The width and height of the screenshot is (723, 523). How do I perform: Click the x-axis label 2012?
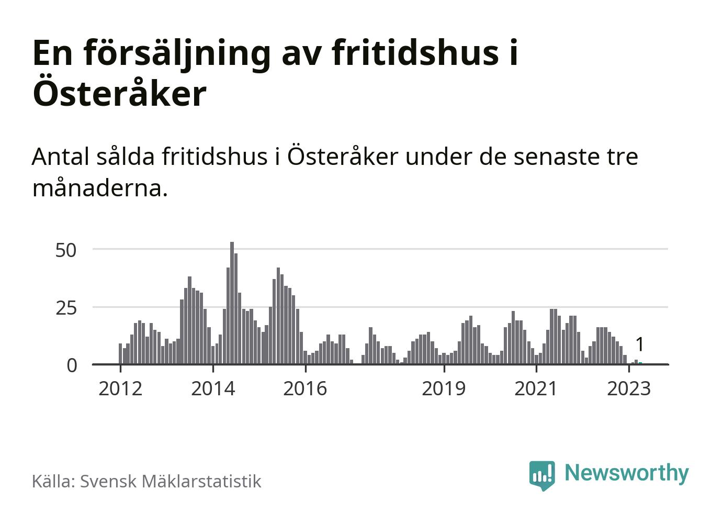pyautogui.click(x=120, y=388)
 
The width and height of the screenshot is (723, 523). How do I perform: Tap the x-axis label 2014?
pyautogui.click(x=213, y=388)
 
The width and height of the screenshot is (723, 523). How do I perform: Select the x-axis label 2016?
pyautogui.click(x=305, y=388)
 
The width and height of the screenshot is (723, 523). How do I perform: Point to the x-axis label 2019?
pyautogui.click(x=444, y=388)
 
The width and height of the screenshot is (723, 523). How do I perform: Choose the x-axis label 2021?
pyautogui.click(x=536, y=388)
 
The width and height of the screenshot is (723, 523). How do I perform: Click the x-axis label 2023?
pyautogui.click(x=629, y=388)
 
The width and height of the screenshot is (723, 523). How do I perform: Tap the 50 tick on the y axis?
pyautogui.click(x=66, y=250)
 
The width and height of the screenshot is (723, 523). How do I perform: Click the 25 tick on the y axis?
pyautogui.click(x=66, y=308)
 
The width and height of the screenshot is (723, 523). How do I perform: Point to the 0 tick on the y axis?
pyautogui.click(x=72, y=365)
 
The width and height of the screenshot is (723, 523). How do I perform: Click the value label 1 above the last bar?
pyautogui.click(x=639, y=345)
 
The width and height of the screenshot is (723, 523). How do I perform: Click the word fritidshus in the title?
pyautogui.click(x=415, y=52)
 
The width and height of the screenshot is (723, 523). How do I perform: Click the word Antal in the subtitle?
pyautogui.click(x=61, y=157)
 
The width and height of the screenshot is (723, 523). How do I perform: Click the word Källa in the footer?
pyautogui.click(x=53, y=481)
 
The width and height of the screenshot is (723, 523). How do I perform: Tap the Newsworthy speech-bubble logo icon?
pyautogui.click(x=541, y=475)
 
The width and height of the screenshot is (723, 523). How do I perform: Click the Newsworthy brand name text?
pyautogui.click(x=627, y=473)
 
